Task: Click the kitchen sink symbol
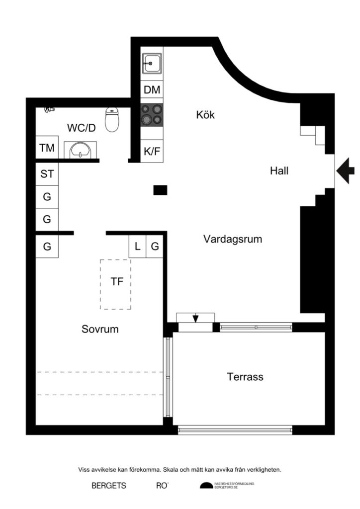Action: (151, 64)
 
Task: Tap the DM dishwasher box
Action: (152, 90)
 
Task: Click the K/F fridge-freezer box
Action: (152, 151)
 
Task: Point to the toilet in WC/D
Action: (112, 120)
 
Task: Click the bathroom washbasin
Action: (79, 149)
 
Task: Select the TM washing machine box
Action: (47, 148)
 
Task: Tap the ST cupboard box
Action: (47, 174)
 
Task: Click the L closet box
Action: (137, 246)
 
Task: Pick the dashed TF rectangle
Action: (116, 284)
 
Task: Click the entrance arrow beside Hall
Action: (345, 171)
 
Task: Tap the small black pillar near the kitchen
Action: (160, 189)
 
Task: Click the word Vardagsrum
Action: (233, 239)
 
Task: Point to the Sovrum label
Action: (100, 329)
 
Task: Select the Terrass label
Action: (245, 377)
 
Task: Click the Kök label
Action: (205, 115)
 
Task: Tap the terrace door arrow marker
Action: (195, 318)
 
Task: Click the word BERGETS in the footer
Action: (109, 486)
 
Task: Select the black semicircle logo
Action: (206, 486)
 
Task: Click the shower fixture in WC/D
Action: (48, 109)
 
